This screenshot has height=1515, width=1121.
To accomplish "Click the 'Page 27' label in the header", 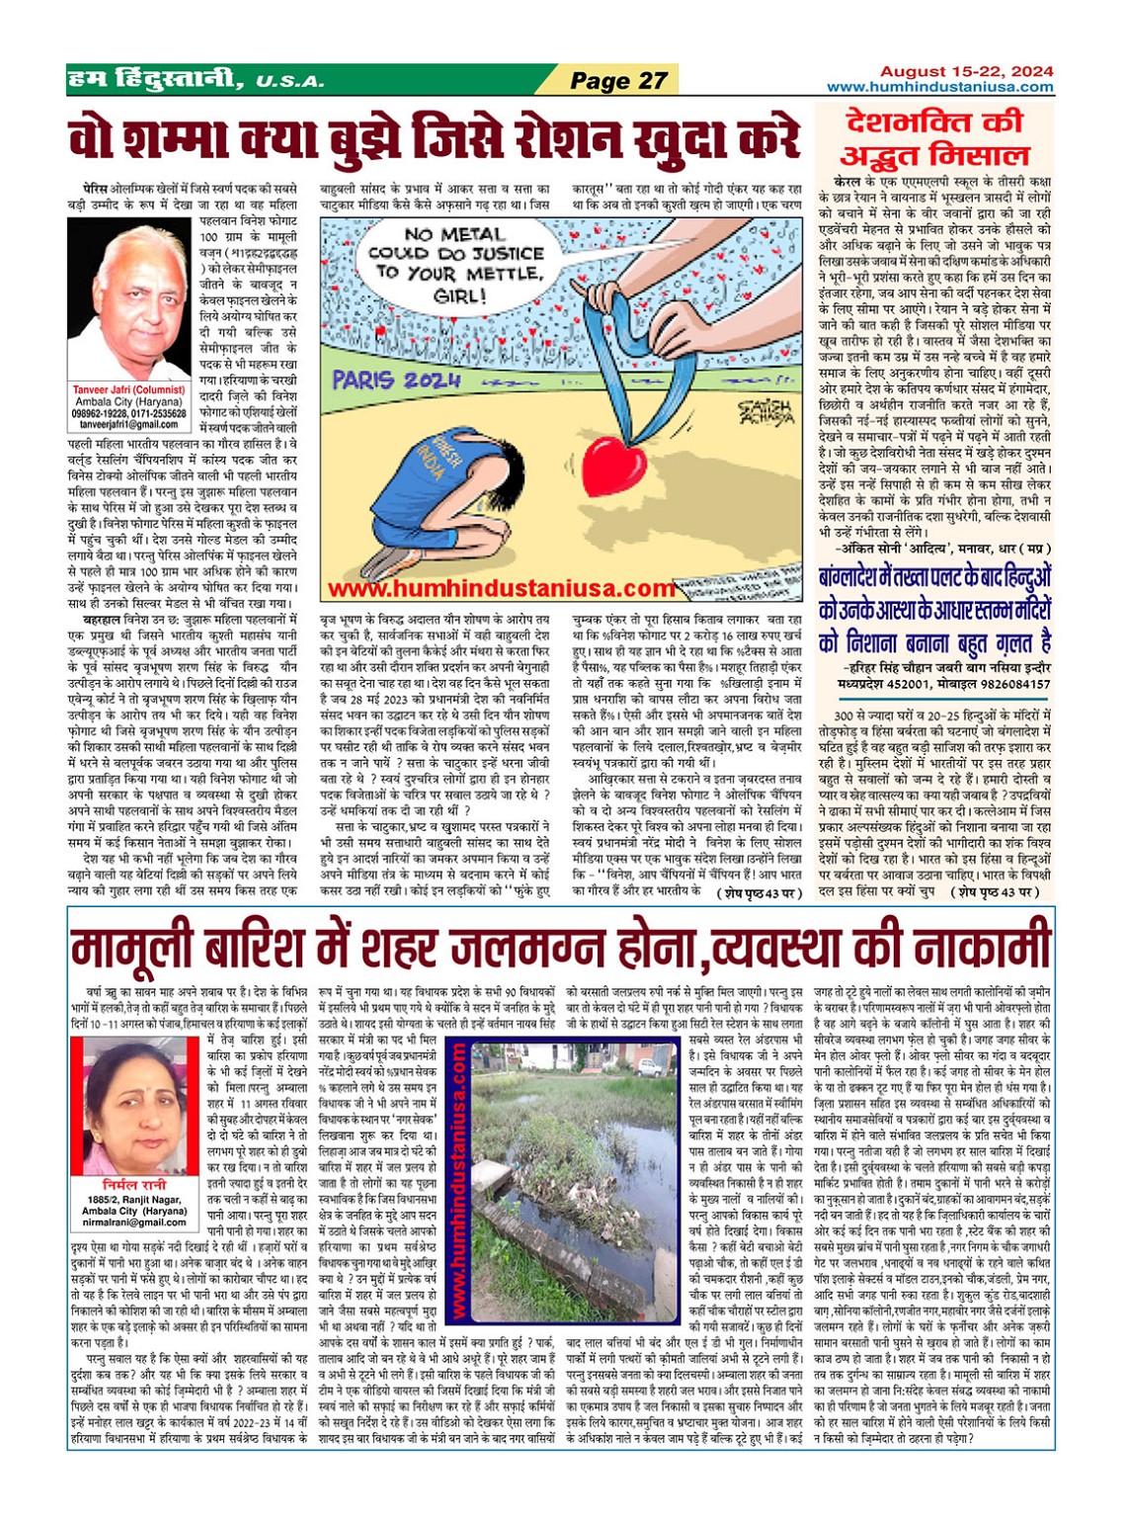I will (x=619, y=80).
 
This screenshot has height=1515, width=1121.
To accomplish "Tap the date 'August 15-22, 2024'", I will (x=966, y=71).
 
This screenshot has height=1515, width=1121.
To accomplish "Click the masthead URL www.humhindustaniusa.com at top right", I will (x=940, y=87).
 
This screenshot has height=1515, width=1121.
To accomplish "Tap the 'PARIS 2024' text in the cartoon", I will (x=397, y=379).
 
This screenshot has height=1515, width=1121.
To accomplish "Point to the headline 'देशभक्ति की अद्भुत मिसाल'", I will (x=933, y=138).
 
